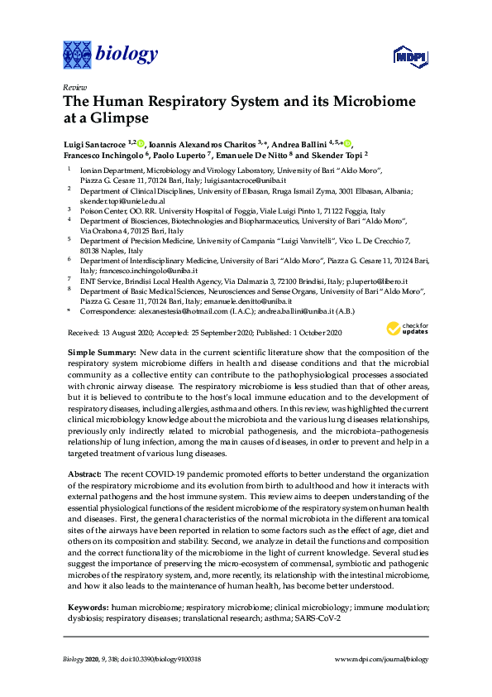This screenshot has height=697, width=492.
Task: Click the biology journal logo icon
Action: coord(77,55)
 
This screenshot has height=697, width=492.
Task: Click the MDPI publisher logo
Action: coord(405,57)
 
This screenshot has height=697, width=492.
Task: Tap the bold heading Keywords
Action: coord(88,608)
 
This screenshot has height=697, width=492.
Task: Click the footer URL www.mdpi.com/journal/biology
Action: coord(381,660)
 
